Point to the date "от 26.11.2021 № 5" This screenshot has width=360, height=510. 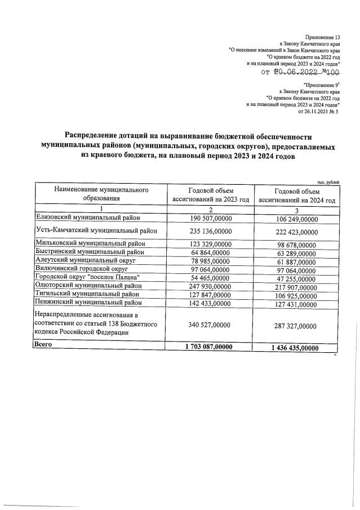318,111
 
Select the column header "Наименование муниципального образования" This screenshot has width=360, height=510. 101,194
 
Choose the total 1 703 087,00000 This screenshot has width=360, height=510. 208,348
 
